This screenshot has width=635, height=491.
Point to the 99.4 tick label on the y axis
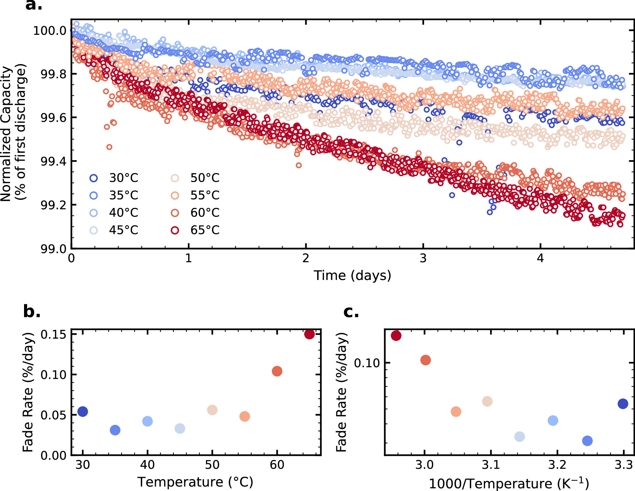53,162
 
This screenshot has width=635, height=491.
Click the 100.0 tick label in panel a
50,31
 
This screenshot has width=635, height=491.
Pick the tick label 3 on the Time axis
423,258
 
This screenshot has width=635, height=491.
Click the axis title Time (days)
352,275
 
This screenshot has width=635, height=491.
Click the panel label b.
31,311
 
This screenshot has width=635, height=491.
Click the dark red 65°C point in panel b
309,334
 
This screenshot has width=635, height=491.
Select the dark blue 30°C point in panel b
83,411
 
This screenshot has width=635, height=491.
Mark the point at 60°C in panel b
277,371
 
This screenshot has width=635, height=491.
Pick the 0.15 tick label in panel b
53,335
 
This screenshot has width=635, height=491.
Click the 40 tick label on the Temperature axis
147,465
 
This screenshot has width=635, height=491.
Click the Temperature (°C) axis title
195,482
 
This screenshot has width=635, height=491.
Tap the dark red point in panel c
396,336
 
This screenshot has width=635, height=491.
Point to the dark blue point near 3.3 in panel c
623,404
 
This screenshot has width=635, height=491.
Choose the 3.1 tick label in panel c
491,465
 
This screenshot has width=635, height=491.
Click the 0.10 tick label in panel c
367,363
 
